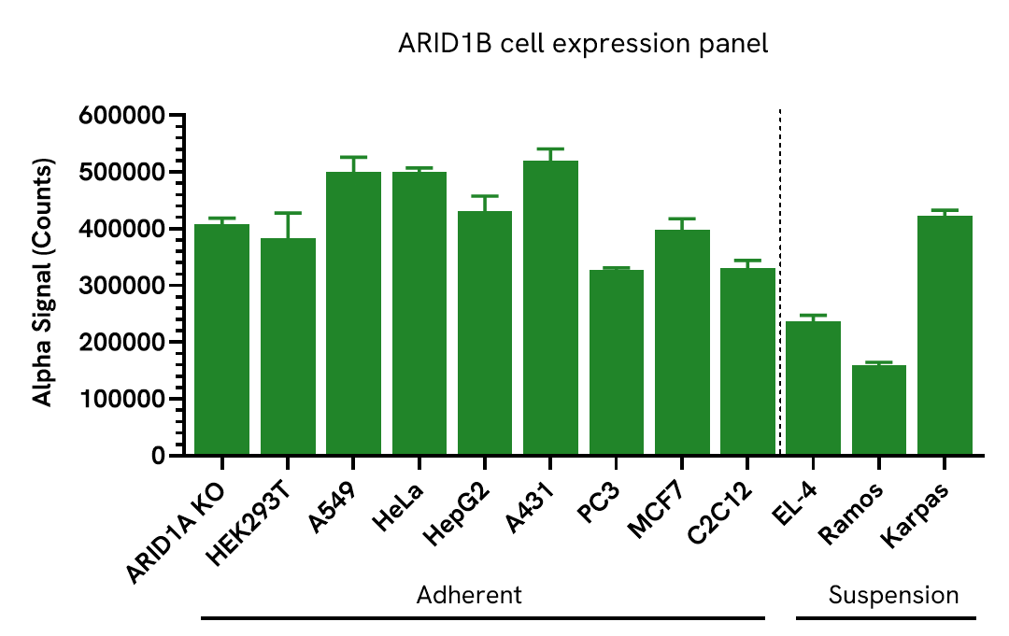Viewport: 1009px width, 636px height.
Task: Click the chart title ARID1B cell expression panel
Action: [x=583, y=44]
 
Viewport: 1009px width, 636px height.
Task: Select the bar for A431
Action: [x=550, y=308]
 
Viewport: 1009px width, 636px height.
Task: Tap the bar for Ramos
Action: [x=878, y=410]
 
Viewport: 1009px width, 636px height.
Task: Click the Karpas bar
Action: [x=945, y=335]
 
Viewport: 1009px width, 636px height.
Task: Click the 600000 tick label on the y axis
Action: [x=122, y=116]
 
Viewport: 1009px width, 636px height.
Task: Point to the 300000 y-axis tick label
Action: [x=122, y=286]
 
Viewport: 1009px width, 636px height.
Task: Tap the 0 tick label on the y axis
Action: [x=157, y=456]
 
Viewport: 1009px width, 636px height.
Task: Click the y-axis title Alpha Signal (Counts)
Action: [x=42, y=282]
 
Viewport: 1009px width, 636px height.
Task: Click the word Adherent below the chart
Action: [x=468, y=595]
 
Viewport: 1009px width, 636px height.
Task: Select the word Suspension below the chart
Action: [x=893, y=595]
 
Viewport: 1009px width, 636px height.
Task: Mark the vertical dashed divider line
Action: [x=780, y=280]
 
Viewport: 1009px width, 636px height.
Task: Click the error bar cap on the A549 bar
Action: [x=353, y=157]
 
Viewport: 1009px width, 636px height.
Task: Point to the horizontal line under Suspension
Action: [x=886, y=617]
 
